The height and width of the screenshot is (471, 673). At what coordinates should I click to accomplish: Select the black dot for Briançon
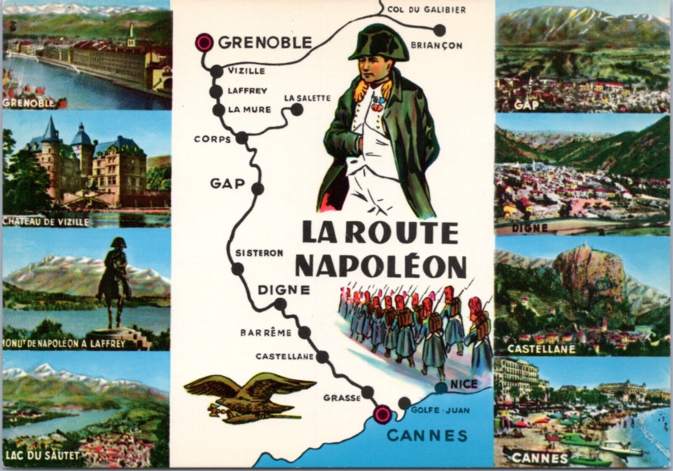tap(439, 29)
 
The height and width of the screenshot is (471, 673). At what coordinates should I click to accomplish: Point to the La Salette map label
tap(307, 98)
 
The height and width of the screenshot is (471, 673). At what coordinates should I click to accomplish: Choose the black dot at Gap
tap(258, 188)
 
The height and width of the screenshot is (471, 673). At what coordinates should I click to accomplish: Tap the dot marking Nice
tap(440, 387)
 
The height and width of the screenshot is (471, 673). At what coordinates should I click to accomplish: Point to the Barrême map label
tap(265, 333)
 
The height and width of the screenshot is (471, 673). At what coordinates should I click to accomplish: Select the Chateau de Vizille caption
tap(45, 221)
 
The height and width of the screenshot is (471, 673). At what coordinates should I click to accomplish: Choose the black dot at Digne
tap(280, 303)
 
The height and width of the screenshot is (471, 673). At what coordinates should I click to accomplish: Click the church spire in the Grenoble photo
tap(131, 33)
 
